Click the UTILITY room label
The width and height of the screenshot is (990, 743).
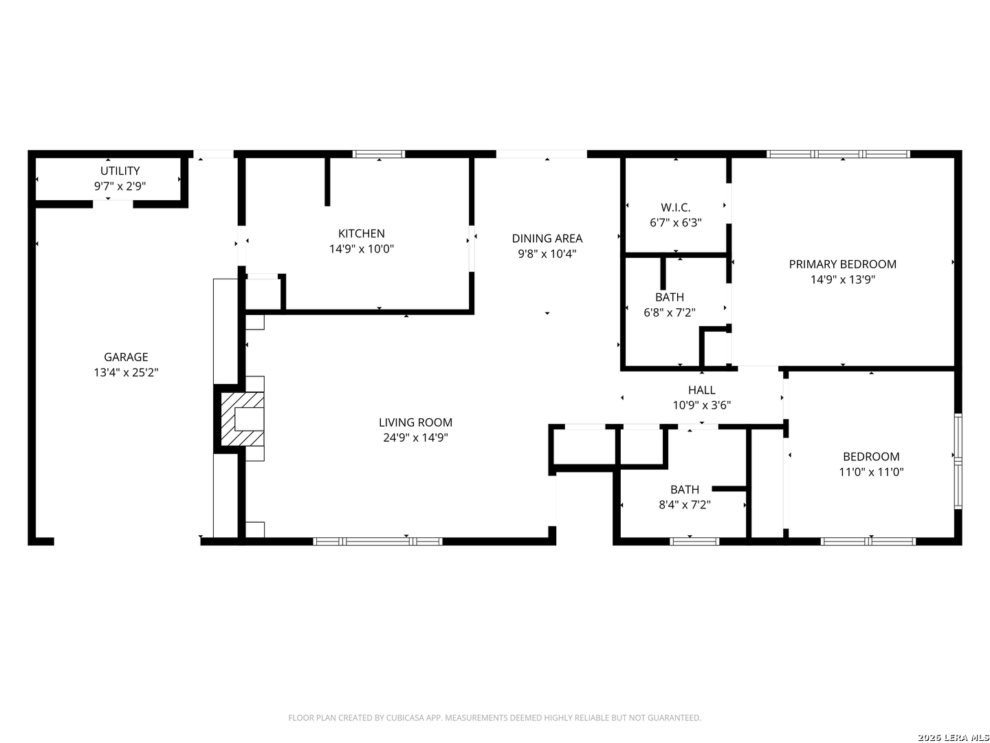point(120,171)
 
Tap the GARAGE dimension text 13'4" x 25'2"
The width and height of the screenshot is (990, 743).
point(126,372)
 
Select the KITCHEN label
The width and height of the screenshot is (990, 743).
point(361,233)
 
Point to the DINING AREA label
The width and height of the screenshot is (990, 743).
point(547,238)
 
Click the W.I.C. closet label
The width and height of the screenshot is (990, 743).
point(675,208)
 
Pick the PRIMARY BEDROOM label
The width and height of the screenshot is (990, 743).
point(842,264)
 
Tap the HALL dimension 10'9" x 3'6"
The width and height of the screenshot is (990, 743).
point(701,405)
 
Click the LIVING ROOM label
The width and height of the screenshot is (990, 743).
point(415,422)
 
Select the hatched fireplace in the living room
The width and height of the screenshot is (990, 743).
point(242,419)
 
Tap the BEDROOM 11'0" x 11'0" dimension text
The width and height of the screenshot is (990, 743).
point(870,472)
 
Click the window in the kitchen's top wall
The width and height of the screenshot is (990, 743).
point(378,154)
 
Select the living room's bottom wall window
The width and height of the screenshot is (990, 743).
point(377,541)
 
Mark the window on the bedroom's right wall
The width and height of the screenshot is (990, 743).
point(958,461)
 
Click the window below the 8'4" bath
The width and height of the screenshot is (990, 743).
point(694,541)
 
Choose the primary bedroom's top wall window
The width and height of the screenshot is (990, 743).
point(838,154)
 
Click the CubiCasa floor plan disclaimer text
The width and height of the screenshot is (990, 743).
point(495,718)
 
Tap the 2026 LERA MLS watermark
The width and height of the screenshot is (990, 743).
point(953,737)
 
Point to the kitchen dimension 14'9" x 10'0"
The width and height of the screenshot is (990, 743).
point(361,248)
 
